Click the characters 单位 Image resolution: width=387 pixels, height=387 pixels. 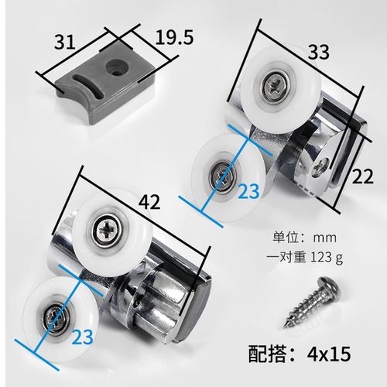282,235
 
